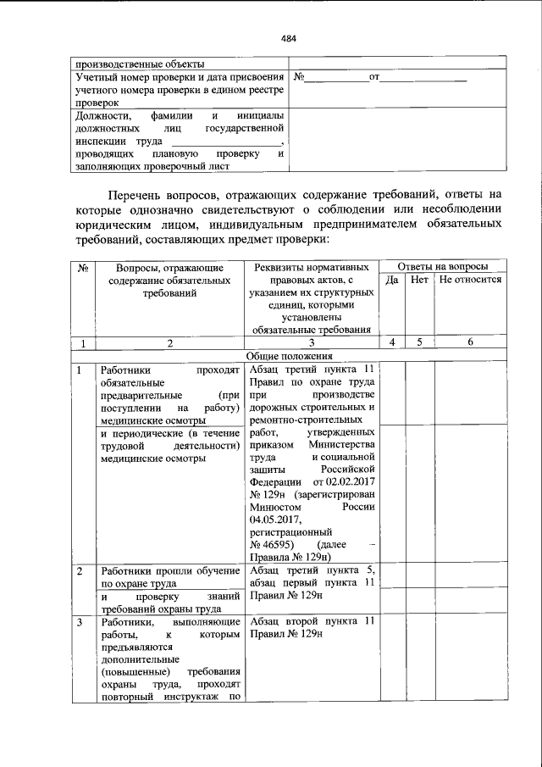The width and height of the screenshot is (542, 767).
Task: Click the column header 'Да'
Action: tap(392, 279)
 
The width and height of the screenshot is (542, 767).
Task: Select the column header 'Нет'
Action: tap(419, 279)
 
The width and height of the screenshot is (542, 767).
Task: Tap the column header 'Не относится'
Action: tap(470, 279)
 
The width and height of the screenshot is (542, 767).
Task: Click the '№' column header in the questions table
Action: tap(83, 266)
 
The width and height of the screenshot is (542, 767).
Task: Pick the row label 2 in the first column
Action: tap(80, 571)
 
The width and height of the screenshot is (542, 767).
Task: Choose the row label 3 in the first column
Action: tap(80, 622)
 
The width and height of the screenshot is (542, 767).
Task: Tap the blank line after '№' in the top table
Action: tap(335, 79)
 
